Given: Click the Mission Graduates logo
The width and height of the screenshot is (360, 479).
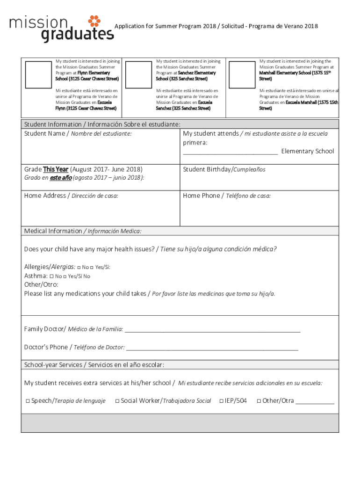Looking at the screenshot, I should pyautogui.click(x=61, y=29).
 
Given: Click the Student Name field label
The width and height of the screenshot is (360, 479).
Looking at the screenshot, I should pyautogui.click(x=78, y=134).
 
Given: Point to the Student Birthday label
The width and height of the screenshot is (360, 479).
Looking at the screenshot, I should pyautogui.click(x=224, y=169).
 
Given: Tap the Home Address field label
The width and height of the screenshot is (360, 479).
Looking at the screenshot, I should pyautogui.click(x=71, y=196).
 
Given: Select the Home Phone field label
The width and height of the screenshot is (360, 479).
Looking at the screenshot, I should pyautogui.click(x=227, y=196).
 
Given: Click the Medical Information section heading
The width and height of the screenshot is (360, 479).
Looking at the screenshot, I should pyautogui.click(x=83, y=231).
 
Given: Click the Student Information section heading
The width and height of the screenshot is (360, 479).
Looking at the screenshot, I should pyautogui.click(x=102, y=124).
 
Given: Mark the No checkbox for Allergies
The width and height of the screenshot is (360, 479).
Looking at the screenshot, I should pyautogui.click(x=79, y=267).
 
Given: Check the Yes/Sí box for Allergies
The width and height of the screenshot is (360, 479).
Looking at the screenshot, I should pyautogui.click(x=92, y=267).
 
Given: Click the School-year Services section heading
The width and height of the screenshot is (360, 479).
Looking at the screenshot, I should pyautogui.click(x=94, y=365).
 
